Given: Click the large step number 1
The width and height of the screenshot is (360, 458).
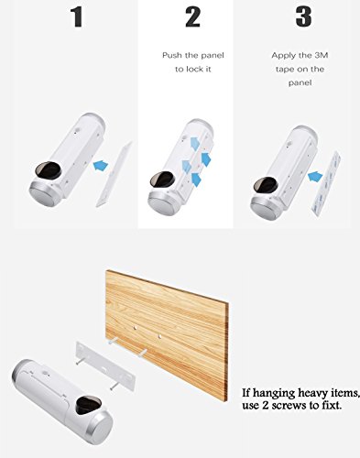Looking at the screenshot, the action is (77, 17).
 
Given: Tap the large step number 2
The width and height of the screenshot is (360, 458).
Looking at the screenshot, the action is (192, 17).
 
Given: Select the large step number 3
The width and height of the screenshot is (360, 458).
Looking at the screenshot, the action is (303, 16).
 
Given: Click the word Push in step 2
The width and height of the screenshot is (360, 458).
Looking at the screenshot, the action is (171, 56).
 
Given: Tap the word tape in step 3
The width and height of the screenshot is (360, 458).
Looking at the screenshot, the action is (284, 70).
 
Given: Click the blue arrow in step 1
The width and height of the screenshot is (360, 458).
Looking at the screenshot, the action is (101, 166).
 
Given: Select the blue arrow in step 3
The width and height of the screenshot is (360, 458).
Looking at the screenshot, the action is (315, 177).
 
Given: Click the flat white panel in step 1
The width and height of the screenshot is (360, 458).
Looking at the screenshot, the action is (114, 175).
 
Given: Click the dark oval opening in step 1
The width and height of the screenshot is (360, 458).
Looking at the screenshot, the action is (48, 171).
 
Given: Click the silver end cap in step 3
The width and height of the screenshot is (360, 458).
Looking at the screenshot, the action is (267, 208).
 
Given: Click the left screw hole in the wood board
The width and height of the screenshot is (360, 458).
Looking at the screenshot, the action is (135, 328).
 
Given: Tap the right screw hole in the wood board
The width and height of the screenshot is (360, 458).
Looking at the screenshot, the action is (159, 336).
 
